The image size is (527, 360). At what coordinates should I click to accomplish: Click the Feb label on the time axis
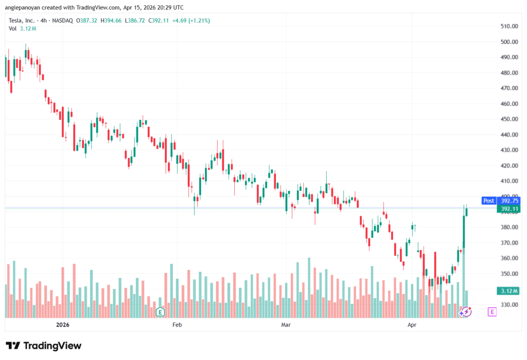coord(177,325)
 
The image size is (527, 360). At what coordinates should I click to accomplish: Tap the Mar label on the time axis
coord(287,325)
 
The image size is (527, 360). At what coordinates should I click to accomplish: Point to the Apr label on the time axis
coord(412,325)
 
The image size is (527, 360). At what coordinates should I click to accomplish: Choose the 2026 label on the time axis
coord(62,325)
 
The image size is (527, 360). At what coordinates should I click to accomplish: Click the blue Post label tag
coord(488,201)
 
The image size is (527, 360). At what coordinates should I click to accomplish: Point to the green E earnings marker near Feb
coord(160,312)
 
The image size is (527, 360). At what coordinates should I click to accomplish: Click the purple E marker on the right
coord(492,312)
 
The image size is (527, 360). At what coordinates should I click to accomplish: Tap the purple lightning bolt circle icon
coord(465,312)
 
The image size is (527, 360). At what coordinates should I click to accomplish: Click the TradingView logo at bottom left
coord(43,346)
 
